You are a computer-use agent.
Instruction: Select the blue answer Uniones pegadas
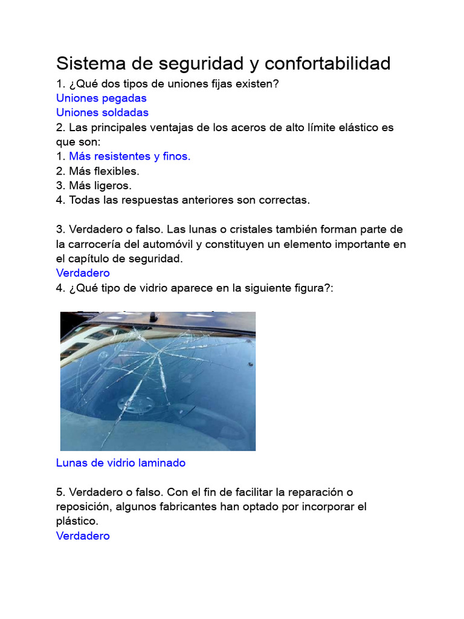pos(101,98)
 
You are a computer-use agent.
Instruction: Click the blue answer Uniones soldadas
pos(102,112)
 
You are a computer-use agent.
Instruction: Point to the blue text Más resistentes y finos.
pos(130,157)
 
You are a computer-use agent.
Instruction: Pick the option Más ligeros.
pos(100,186)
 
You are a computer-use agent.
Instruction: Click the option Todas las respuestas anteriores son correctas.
pos(189,200)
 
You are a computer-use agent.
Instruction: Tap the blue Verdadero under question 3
pos(83,273)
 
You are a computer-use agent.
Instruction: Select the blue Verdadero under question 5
pos(83,536)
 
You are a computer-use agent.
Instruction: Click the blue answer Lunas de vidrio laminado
pos(121,463)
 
